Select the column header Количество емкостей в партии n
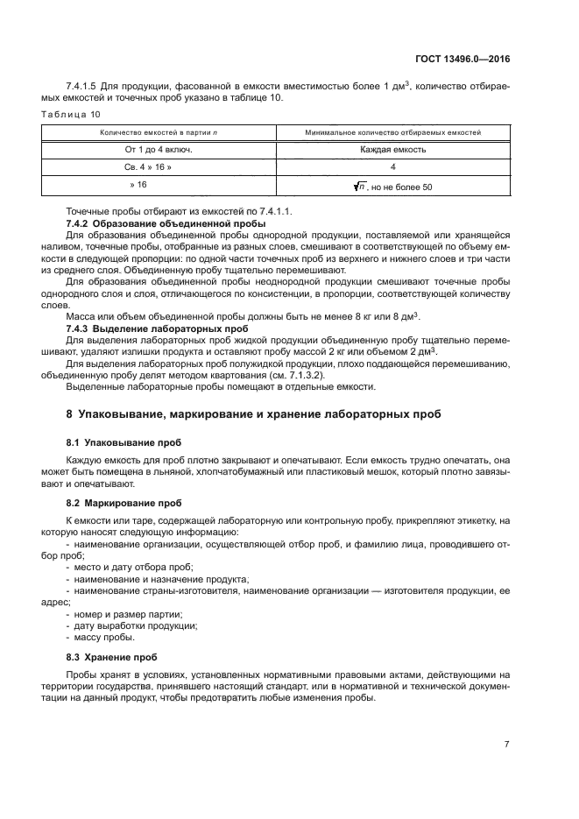coord(158,132)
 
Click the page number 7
coord(505,744)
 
